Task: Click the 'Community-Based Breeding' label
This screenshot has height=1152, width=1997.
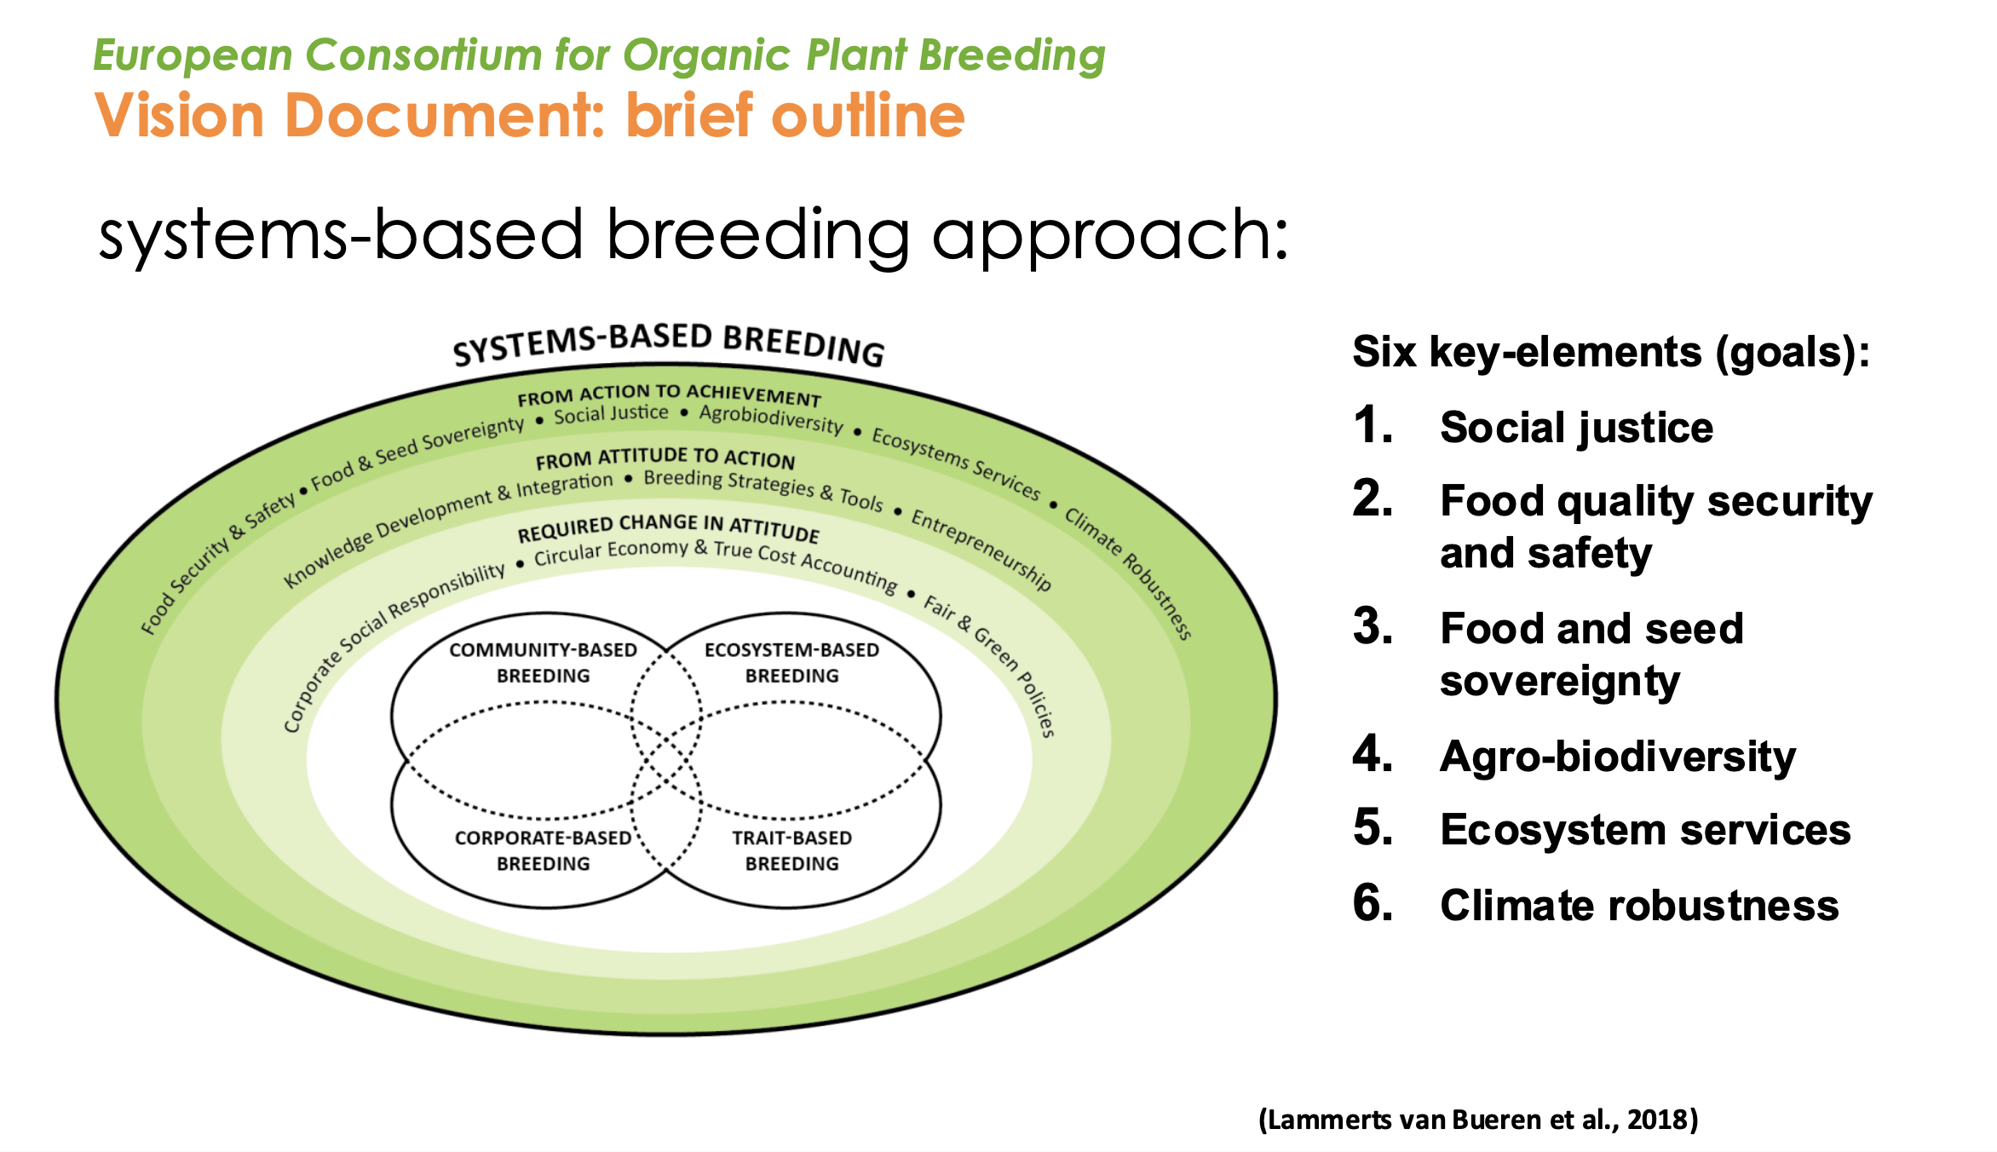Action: (x=544, y=663)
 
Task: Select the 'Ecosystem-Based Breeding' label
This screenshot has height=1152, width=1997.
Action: (x=791, y=663)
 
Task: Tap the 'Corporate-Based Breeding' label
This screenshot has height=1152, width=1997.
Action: (x=544, y=850)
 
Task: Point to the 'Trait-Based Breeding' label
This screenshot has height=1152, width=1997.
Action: (x=791, y=850)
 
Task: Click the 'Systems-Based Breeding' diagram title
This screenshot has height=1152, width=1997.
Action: (x=669, y=343)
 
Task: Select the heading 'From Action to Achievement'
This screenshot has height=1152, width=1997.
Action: (x=669, y=395)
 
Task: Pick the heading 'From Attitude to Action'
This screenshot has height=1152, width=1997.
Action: (x=665, y=459)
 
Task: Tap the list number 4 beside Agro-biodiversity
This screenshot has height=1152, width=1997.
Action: (x=1373, y=755)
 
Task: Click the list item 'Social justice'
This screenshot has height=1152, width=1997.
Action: (x=1576, y=428)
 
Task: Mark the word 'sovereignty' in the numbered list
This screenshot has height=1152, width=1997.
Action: (x=1560, y=682)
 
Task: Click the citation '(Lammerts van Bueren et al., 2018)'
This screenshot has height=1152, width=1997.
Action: (x=1478, y=1119)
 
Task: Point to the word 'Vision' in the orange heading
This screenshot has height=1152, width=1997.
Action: (x=180, y=115)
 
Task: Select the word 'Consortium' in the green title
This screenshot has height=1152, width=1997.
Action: (x=423, y=56)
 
